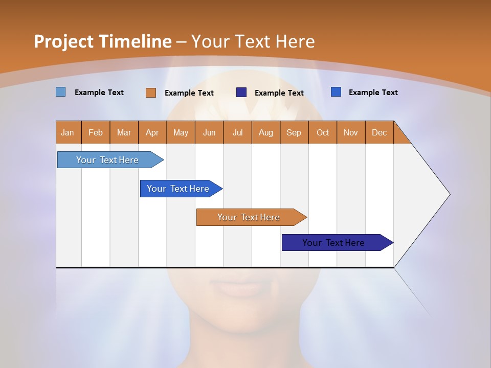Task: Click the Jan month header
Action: pos(68,132)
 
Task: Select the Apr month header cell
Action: pos(152,132)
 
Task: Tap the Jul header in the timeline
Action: pos(237,132)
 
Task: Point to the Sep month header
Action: pos(294,132)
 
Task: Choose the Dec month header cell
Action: pos(379,132)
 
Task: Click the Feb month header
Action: pos(96,132)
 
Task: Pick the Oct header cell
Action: pos(323,132)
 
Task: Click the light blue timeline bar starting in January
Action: pos(107,160)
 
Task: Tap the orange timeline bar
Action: pos(249,217)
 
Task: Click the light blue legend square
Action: pos(61,92)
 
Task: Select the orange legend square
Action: pos(151,93)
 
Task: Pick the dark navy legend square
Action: pos(241,93)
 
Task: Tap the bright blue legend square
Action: pos(336,92)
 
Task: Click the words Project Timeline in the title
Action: pos(103,41)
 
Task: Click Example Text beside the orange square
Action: pos(189,93)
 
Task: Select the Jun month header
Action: pos(209,132)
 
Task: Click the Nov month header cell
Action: pos(351,132)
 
